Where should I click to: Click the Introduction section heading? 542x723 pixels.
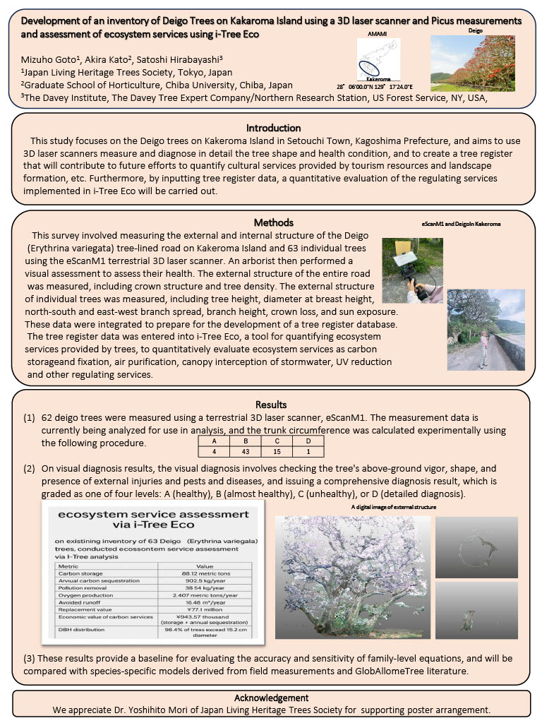(x=273, y=128)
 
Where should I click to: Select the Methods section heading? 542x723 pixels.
(x=272, y=222)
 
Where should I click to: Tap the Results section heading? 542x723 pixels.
(x=271, y=405)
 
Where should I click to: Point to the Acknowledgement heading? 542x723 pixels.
(x=271, y=698)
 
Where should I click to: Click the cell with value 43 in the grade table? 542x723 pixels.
(x=243, y=450)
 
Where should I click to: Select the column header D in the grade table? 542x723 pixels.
(x=308, y=441)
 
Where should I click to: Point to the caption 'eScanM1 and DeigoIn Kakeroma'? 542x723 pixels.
(x=462, y=224)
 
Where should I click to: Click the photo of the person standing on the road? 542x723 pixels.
(x=486, y=330)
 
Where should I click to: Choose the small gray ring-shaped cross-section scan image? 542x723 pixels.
(x=476, y=546)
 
